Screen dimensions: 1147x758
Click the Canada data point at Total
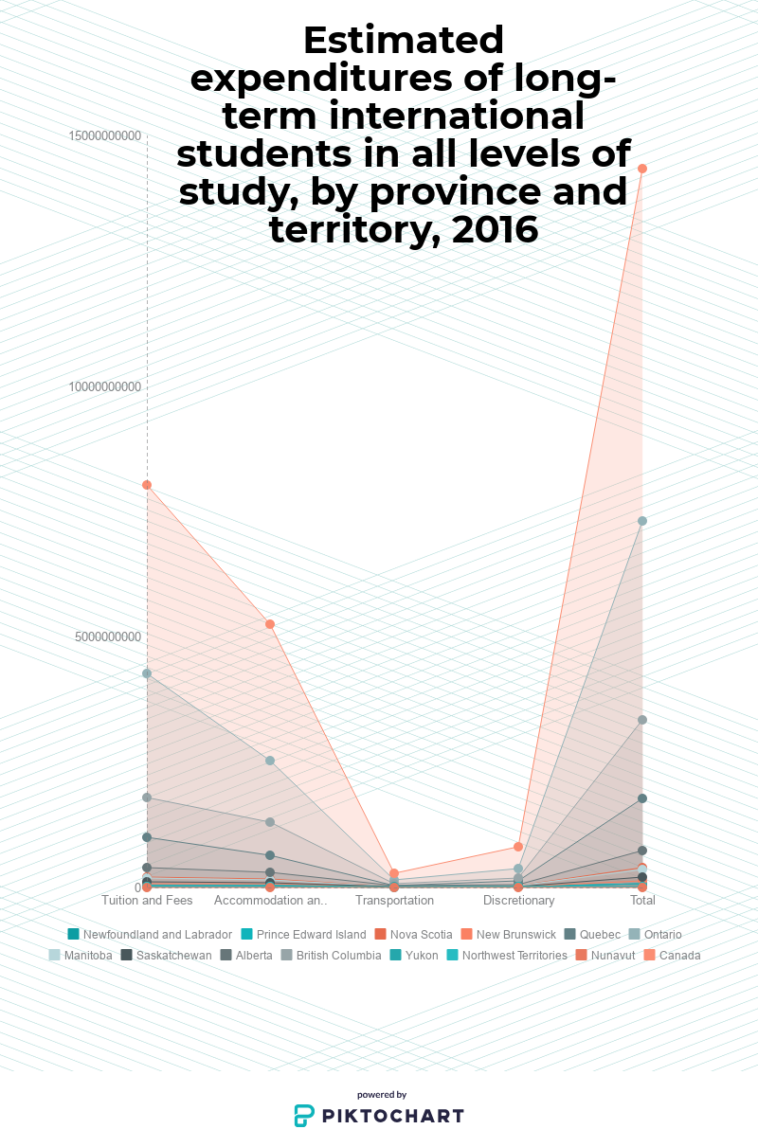(642, 169)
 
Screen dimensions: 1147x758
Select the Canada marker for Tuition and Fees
(147, 485)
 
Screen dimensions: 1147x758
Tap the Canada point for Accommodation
(270, 624)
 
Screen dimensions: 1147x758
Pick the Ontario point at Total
(642, 521)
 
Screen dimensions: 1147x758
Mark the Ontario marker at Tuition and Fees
(147, 673)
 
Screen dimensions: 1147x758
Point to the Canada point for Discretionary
(518, 847)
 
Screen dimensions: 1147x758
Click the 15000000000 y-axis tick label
(105, 136)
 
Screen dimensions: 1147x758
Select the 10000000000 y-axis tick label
(105, 386)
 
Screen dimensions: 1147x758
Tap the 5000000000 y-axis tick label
(108, 636)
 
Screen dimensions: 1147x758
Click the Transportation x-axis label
(394, 900)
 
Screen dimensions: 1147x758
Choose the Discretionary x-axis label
(518, 900)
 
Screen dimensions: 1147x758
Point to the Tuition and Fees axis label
(147, 900)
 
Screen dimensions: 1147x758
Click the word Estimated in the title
(404, 41)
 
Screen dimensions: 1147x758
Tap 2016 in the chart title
(496, 229)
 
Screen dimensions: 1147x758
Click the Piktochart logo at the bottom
(379, 1115)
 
